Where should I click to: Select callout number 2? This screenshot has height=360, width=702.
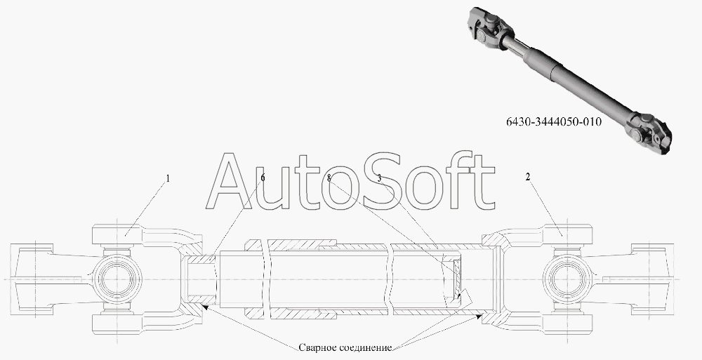[527, 178]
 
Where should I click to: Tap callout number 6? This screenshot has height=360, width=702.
[263, 178]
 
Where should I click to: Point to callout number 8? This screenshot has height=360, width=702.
[329, 178]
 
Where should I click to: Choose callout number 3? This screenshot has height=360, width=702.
[380, 178]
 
